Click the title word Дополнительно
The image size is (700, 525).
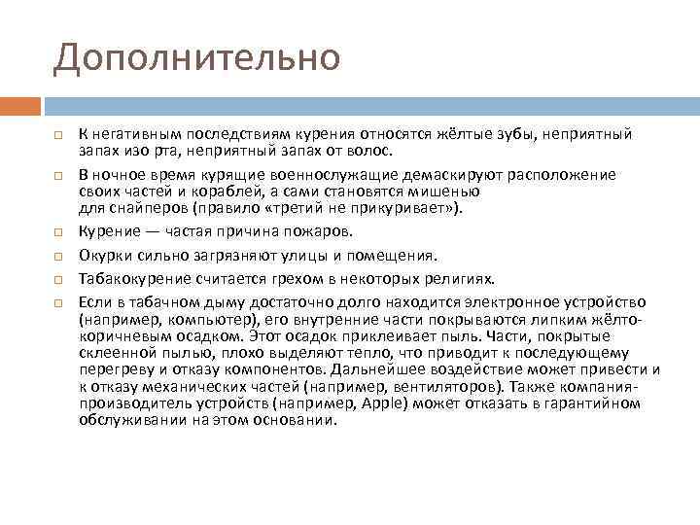click(197, 57)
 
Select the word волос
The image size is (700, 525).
click(366, 152)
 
